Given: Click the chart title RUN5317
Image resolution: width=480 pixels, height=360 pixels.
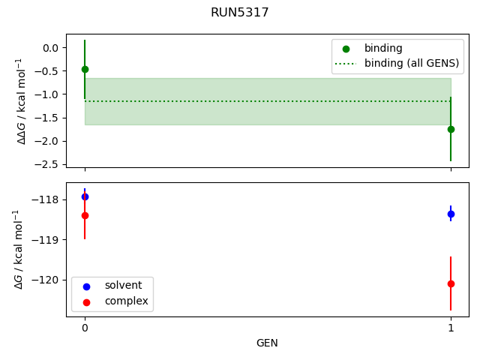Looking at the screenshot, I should pyautogui.click(x=240, y=13).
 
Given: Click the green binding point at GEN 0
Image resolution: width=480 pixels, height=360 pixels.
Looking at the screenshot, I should pyautogui.click(x=85, y=69).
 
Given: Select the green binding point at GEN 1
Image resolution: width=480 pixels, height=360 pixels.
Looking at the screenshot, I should pyautogui.click(x=451, y=129).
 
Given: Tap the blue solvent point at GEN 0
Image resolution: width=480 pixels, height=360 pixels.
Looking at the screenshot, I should pyautogui.click(x=85, y=196).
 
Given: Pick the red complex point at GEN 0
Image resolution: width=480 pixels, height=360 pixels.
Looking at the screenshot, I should pyautogui.click(x=85, y=215).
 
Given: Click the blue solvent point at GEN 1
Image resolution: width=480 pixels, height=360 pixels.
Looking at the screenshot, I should pyautogui.click(x=451, y=214).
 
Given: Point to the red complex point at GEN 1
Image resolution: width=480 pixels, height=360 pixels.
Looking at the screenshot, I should pyautogui.click(x=451, y=283).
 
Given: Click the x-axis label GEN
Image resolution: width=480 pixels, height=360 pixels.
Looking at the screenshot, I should pyautogui.click(x=267, y=343).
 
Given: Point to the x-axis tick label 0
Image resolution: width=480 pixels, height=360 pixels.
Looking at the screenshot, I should pyautogui.click(x=85, y=328).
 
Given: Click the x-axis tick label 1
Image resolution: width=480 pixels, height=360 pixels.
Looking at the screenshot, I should pyautogui.click(x=451, y=328).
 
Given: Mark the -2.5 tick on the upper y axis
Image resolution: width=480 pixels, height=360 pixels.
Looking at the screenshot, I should pyautogui.click(x=49, y=164).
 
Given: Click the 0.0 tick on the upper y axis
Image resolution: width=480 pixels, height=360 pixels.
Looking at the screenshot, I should pyautogui.click(x=51, y=48).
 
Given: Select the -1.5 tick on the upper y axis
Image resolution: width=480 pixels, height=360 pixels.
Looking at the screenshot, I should pyautogui.click(x=49, y=118).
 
